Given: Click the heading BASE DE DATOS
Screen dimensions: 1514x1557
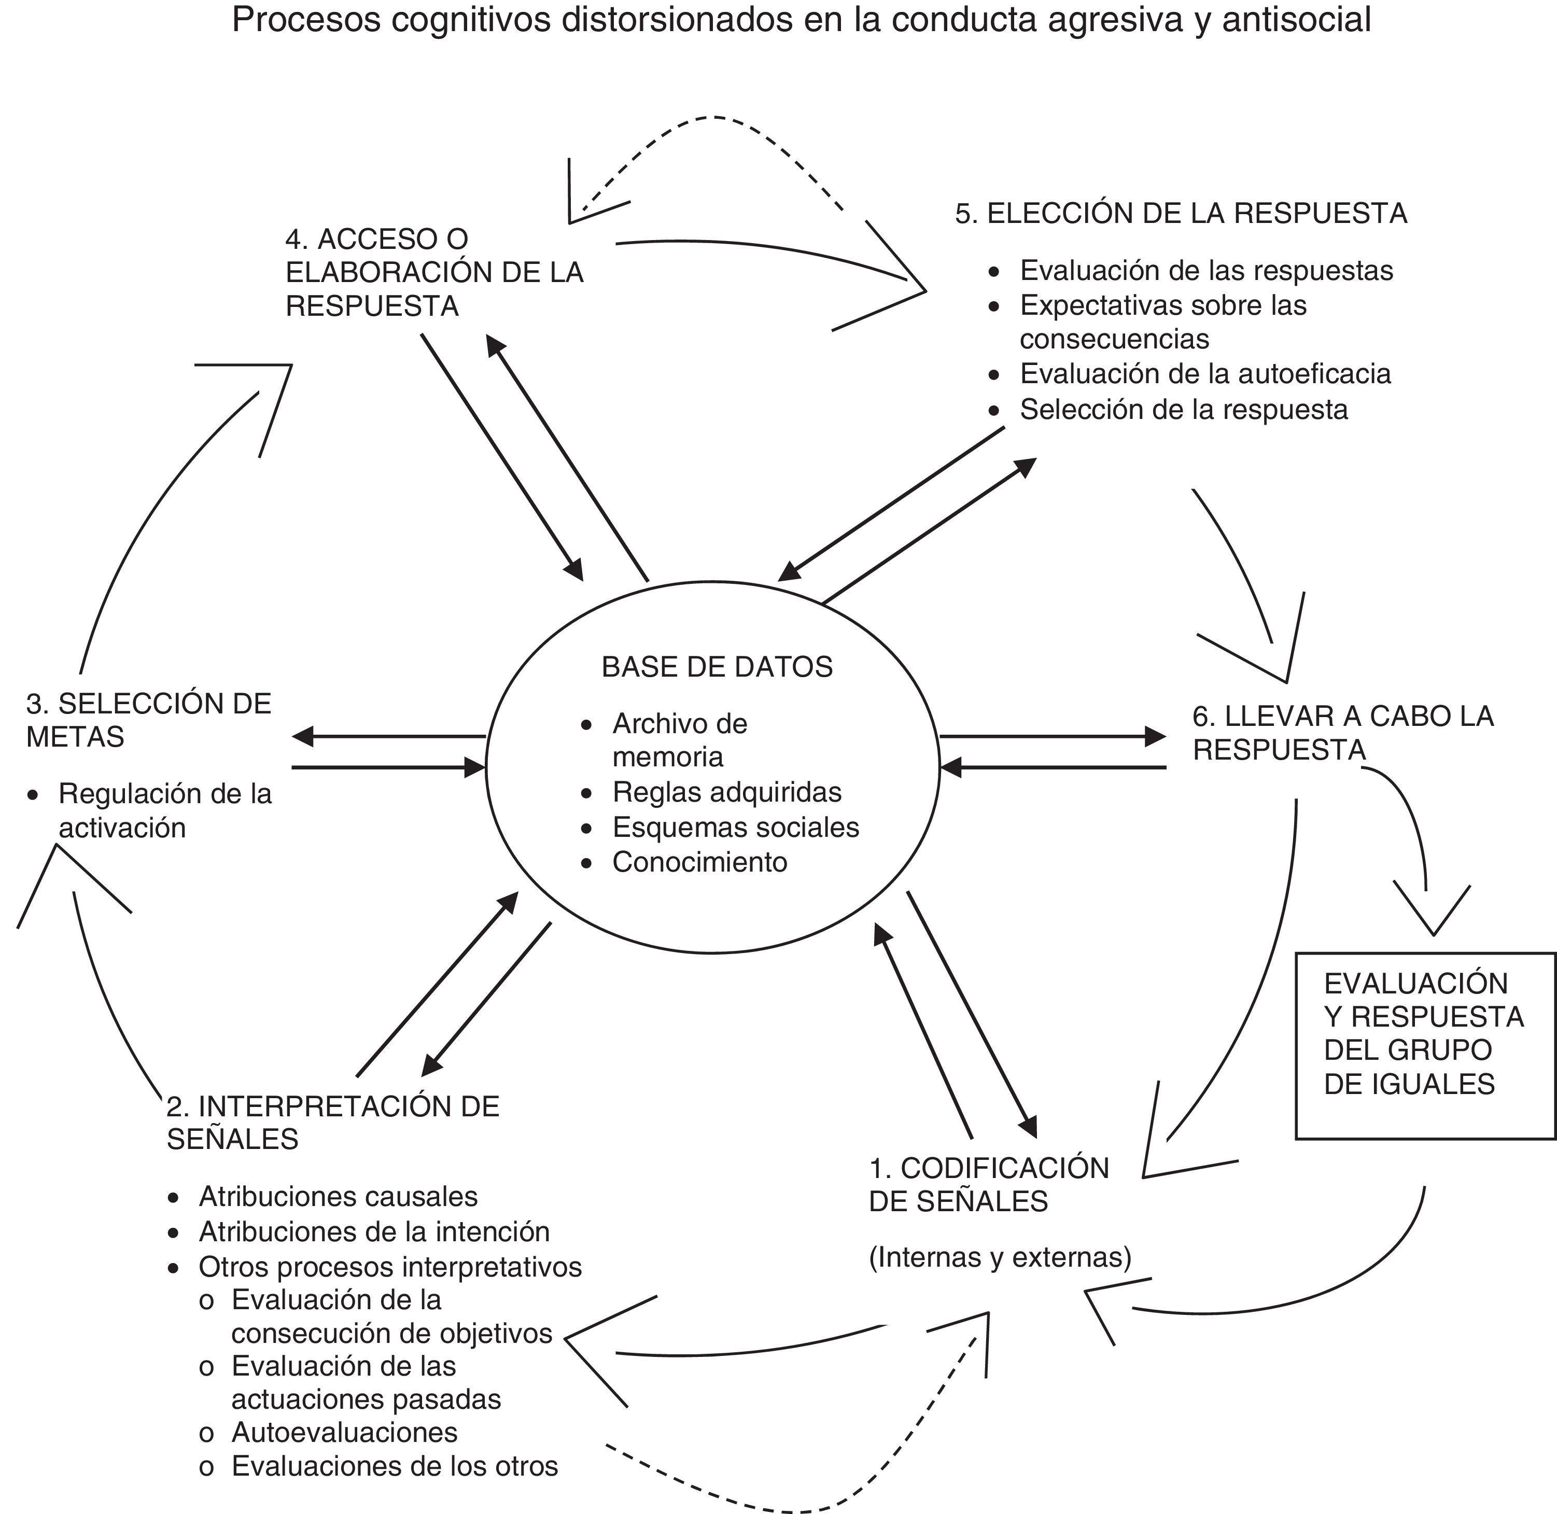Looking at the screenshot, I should click(717, 666).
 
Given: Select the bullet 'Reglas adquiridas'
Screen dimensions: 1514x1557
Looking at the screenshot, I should click(727, 792).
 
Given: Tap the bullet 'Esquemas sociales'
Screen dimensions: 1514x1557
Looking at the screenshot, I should click(736, 827).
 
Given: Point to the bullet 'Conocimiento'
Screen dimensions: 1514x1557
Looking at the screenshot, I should click(700, 862).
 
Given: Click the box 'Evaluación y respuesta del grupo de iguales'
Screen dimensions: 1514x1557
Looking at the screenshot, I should click(1424, 1034).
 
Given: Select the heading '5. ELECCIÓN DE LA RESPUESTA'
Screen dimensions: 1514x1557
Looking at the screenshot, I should click(1182, 213).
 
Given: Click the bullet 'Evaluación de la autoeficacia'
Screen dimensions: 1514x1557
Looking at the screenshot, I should click(1205, 374).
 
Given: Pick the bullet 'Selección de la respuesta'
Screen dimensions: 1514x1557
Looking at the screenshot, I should click(1184, 410).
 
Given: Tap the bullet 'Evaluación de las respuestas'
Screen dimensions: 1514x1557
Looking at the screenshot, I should click(1207, 270).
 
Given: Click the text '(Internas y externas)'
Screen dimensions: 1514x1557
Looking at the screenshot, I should click(1000, 1257).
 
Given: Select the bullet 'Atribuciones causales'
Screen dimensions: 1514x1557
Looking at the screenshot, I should click(338, 1196).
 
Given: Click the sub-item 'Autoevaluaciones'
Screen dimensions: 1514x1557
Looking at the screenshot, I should click(344, 1432).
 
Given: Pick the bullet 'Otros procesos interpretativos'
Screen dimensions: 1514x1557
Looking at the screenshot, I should click(390, 1266).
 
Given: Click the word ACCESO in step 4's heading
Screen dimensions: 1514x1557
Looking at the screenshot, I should click(369, 239).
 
